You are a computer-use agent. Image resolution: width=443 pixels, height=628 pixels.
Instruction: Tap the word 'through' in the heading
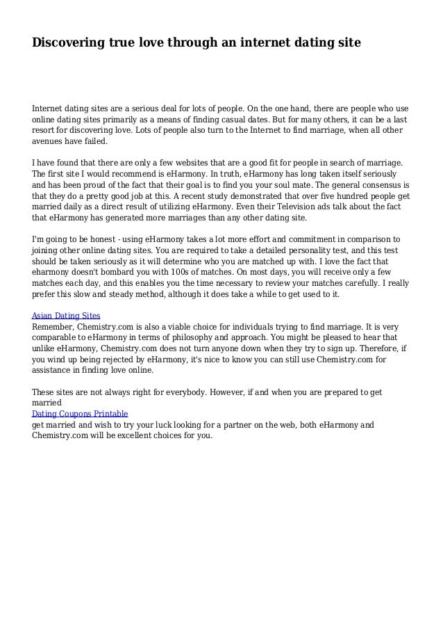coord(191,43)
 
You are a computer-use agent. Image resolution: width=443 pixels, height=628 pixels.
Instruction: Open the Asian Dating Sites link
coord(66,315)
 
